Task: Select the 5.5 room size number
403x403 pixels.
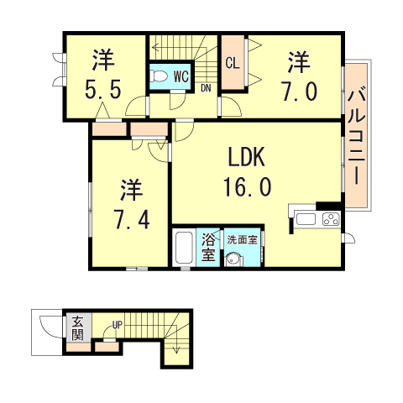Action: [103, 86]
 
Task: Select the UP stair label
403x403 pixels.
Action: [118, 326]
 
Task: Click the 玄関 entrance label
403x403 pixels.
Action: [77, 328]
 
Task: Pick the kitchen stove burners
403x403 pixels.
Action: [328, 221]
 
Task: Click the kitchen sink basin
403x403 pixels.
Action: [305, 220]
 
